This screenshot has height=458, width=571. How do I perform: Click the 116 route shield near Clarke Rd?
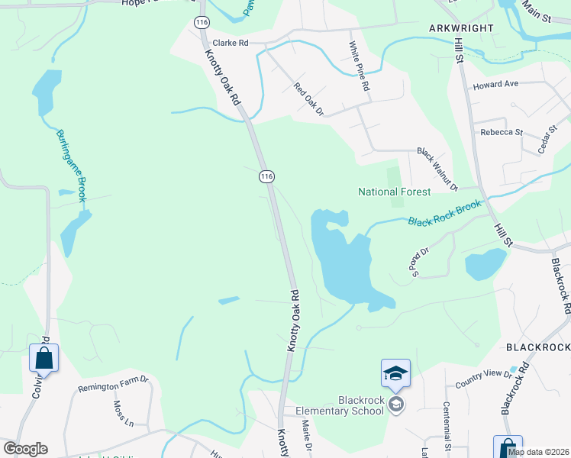202,23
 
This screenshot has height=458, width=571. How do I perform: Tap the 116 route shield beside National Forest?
266,176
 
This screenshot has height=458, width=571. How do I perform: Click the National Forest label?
395,192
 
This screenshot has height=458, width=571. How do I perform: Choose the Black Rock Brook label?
444,214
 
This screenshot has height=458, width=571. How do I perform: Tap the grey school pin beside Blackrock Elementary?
395,404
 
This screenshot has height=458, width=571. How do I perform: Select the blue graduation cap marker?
395,373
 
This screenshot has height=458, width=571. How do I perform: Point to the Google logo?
25,449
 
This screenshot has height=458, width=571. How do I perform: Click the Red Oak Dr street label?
309,100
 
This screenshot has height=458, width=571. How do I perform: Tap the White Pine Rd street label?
359,68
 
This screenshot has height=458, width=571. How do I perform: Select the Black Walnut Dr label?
436,169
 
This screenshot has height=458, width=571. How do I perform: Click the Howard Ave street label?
495,84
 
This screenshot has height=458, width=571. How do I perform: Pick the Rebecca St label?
502,132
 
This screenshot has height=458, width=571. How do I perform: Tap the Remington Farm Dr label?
113,387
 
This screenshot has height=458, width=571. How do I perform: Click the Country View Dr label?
482,379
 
